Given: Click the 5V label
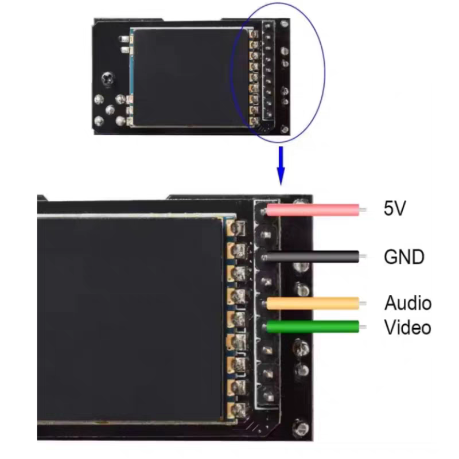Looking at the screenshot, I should tap(395, 208).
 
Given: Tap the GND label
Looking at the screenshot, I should tap(404, 256).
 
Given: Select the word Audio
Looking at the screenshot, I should tap(407, 303).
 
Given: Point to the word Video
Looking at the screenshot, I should tap(407, 328).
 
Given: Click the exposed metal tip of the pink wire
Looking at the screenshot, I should tap(363, 209).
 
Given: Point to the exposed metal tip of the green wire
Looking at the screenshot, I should tap(363, 327).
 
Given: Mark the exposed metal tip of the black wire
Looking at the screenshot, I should tap(363, 256).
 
